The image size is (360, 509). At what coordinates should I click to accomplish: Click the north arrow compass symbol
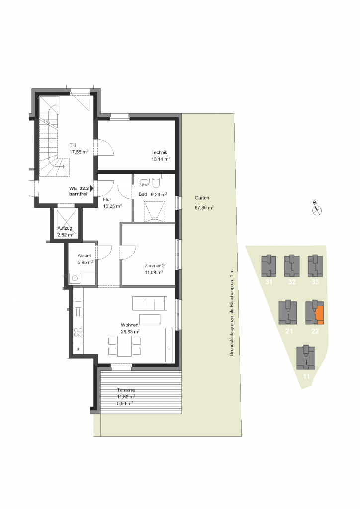317,210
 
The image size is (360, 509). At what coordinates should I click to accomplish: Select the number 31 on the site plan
269,282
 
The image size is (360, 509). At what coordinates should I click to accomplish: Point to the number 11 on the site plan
306,376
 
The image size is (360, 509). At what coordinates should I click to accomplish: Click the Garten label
202,198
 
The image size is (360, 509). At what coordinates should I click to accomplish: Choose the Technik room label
159,152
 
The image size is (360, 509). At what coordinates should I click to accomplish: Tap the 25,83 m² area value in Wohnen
130,332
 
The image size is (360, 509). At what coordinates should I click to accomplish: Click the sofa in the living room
150,303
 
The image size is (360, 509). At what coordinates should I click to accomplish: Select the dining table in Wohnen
125,346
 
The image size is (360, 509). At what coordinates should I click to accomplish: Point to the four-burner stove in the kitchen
78,332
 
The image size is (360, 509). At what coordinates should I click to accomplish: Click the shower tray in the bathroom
154,211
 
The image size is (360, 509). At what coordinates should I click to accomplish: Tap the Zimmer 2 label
154,266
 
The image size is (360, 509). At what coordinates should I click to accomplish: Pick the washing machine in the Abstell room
75,278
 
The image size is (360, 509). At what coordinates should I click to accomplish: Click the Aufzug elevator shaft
66,223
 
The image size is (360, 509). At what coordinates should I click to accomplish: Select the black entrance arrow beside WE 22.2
92,188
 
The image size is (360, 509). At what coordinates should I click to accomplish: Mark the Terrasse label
126,390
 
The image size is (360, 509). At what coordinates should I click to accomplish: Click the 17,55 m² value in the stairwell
79,152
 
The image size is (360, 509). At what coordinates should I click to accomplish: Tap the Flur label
107,200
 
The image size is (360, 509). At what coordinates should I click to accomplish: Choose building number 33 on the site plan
315,282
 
